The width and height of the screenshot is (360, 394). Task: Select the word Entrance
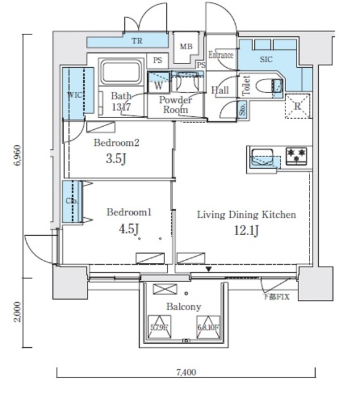click(221, 55)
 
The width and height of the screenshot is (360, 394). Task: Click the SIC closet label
click(266, 60)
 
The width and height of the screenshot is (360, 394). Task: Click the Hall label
click(220, 90)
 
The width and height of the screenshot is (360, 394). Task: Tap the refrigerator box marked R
click(298, 105)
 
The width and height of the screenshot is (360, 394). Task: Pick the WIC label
click(73, 95)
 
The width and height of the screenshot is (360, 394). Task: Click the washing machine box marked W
click(158, 84)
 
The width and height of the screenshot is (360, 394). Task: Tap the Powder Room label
click(176, 105)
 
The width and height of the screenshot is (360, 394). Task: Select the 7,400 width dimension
click(186, 372)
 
